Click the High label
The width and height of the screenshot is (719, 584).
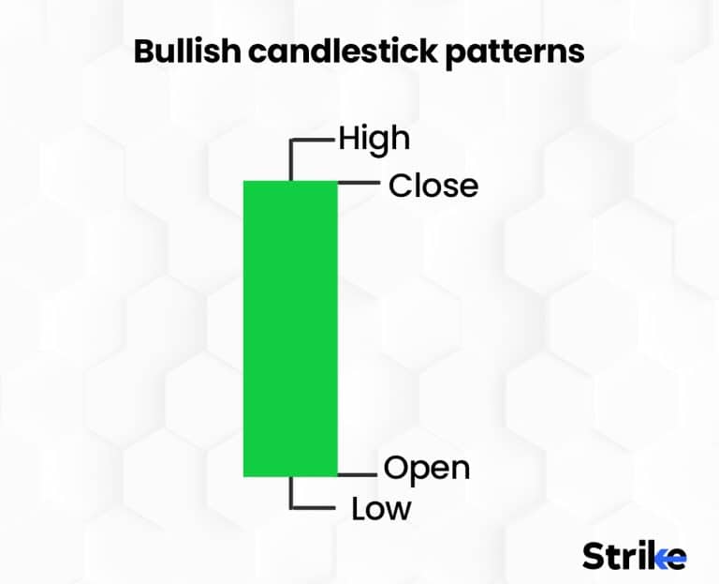click(x=374, y=139)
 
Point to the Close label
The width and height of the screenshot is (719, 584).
click(x=433, y=186)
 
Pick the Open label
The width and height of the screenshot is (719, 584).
click(x=426, y=467)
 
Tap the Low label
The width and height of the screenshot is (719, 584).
click(x=381, y=509)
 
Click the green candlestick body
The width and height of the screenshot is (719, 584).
click(x=289, y=328)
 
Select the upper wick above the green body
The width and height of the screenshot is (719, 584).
click(x=291, y=161)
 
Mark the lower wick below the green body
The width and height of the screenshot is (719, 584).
click(x=291, y=491)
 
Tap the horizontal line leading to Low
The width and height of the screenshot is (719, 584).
click(x=315, y=508)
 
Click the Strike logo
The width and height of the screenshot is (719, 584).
click(x=634, y=555)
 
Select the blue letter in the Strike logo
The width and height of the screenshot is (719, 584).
click(x=674, y=556)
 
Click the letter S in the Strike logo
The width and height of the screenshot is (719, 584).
click(x=594, y=556)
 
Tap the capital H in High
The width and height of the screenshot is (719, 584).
click(x=348, y=139)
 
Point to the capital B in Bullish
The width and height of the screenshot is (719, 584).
click(x=145, y=52)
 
